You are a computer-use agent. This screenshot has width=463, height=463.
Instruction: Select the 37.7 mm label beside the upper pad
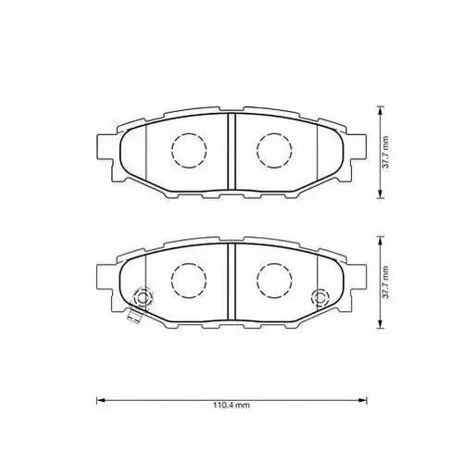point(385,152)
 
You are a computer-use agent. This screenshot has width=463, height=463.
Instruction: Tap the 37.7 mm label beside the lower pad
point(385,282)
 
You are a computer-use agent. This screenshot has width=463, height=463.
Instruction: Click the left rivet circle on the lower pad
point(142,298)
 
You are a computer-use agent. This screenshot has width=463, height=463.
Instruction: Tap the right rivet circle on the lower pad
point(319,297)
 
